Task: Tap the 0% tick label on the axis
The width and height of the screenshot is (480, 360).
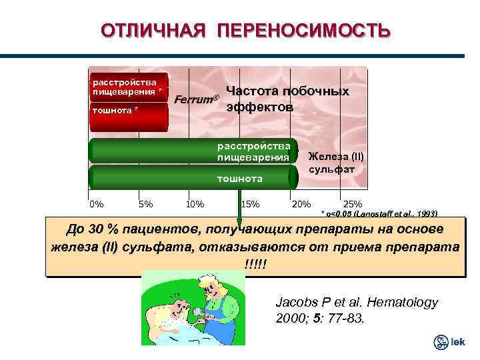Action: (97, 204)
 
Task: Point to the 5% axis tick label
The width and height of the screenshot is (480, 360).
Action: (146, 204)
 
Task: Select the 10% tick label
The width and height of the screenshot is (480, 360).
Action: (195, 204)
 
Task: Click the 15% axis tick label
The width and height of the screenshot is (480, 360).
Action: (250, 204)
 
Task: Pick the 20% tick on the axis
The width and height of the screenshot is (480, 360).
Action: (301, 204)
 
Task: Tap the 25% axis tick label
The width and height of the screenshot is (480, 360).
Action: (352, 204)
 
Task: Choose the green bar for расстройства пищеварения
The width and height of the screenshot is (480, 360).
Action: (193, 152)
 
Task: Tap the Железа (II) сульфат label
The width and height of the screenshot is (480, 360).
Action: (335, 163)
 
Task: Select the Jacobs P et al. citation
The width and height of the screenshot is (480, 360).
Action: (357, 310)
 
